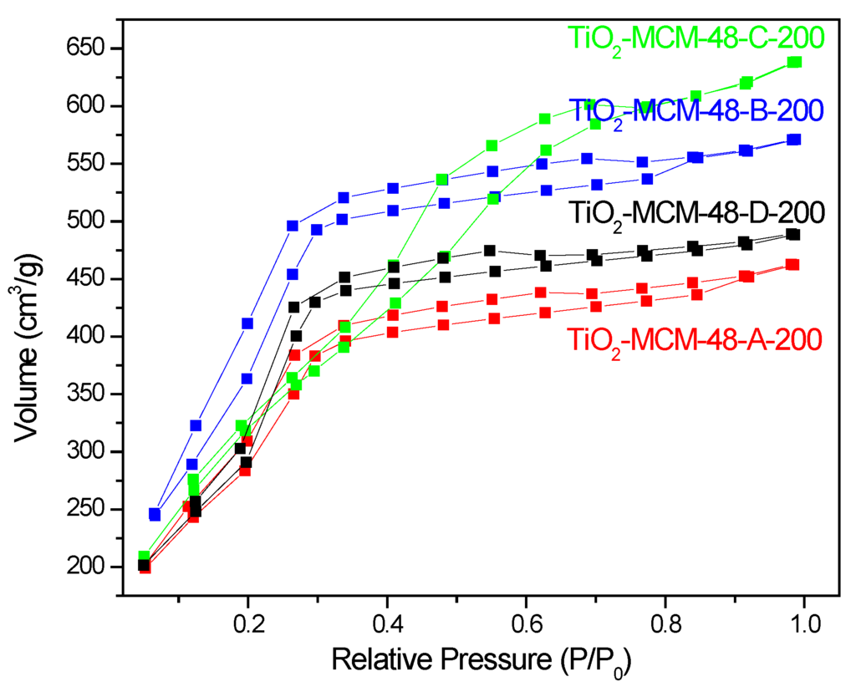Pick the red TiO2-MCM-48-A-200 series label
click(693, 340)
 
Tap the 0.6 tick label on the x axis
click(526, 623)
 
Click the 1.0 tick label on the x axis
click(803, 623)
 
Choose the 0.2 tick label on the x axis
click(248, 623)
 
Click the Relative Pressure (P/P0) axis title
click(481, 660)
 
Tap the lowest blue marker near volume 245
click(155, 514)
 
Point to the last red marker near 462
click(793, 265)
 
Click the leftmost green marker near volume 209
click(144, 557)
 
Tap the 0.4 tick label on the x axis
click(387, 623)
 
